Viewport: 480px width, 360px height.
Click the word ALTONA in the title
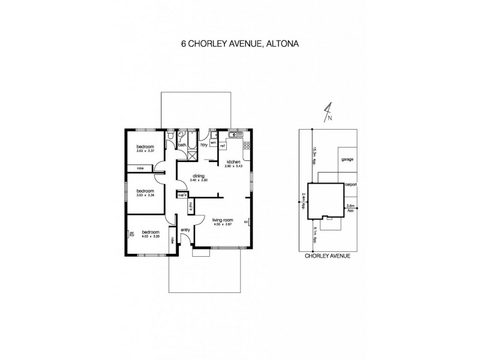pos(282,44)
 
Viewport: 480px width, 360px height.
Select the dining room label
pos(197,176)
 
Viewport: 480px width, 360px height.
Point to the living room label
pos(223,220)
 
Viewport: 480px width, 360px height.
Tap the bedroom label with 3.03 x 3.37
pos(145,147)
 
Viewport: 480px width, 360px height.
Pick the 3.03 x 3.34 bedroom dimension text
pos(146,195)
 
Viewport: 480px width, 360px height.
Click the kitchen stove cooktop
pos(245,146)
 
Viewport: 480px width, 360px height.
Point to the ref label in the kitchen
pos(222,146)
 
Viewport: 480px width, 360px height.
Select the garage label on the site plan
pos(346,160)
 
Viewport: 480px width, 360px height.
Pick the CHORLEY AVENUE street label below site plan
pos(328,256)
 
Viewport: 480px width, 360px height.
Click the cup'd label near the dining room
pos(181,194)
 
